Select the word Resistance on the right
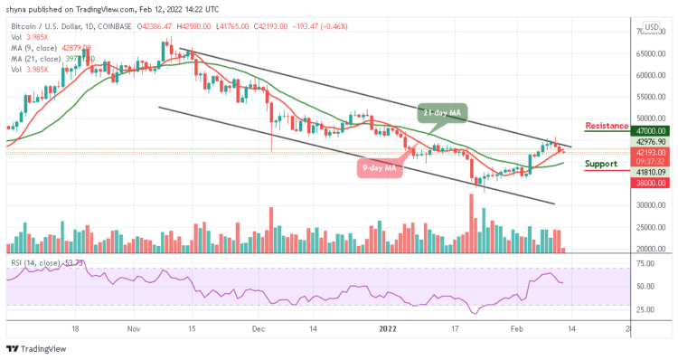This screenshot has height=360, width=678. (607, 126)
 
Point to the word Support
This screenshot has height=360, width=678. (600, 165)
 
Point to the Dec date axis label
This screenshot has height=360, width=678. (258, 330)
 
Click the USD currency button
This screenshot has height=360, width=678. (652, 27)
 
